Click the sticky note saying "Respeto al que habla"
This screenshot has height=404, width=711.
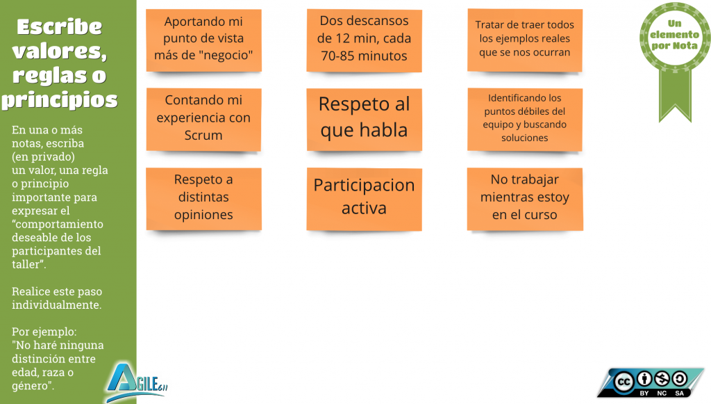pos(364,120)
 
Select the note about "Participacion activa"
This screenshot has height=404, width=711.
pos(364,200)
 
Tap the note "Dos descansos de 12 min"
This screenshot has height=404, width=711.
pos(364,40)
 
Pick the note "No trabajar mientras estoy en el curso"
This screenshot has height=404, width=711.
pos(525,200)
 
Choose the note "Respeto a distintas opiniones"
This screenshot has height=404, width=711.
pos(203,200)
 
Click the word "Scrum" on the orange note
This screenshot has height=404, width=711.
pos(203,136)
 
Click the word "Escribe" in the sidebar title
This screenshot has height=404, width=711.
pos(60,27)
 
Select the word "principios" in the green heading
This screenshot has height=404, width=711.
pos(60,100)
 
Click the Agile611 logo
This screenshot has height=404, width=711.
pos(137,382)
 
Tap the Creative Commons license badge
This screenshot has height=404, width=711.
pos(650,382)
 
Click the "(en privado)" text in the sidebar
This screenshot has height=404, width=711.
pos(44,156)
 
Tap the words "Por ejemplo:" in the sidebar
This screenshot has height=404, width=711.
pos(44,332)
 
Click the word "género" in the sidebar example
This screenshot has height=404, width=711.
pos(31,387)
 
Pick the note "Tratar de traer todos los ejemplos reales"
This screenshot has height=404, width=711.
pos(525,40)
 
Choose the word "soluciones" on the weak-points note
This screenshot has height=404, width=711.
pos(525,138)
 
